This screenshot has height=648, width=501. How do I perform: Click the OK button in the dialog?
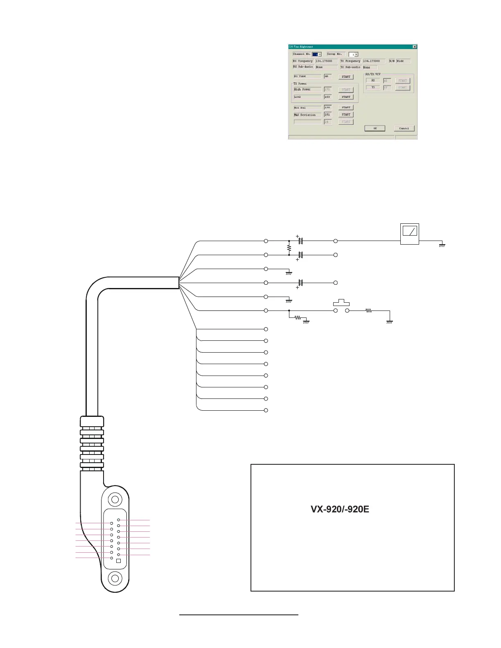click(375, 128)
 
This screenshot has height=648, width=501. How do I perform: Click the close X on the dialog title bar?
click(415, 47)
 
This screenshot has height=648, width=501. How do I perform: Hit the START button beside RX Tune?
click(346, 76)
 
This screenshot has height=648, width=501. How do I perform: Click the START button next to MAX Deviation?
click(346, 115)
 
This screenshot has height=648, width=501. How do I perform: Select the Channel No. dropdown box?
click(317, 54)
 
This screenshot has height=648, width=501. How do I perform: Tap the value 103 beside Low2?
click(327, 97)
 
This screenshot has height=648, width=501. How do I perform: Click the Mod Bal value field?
click(327, 108)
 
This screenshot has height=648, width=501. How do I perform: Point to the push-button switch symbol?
click(341, 303)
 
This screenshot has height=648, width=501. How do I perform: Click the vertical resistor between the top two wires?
click(289, 248)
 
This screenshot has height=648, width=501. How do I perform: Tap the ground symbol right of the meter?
click(442, 245)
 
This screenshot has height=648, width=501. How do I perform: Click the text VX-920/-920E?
click(340, 509)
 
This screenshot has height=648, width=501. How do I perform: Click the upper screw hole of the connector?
click(115, 500)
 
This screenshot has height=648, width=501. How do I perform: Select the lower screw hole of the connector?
click(115, 578)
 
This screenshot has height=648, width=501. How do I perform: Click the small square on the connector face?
click(118, 561)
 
